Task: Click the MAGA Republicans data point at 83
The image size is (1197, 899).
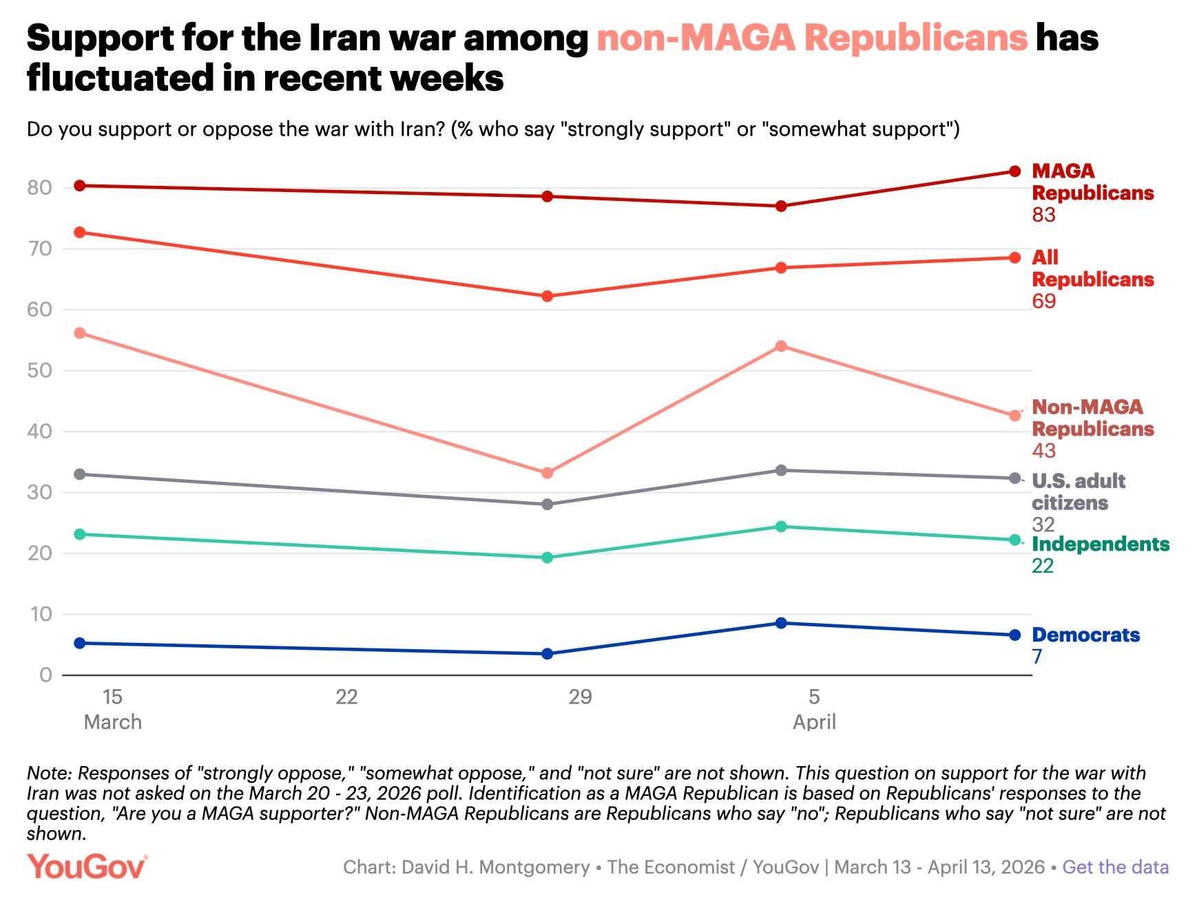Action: click(x=1014, y=171)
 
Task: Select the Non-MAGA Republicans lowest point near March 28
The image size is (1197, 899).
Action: click(x=548, y=474)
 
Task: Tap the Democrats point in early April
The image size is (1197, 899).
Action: click(x=781, y=623)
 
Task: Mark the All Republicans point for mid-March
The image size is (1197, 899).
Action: click(x=80, y=233)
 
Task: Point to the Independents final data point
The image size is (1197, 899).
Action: click(x=1014, y=540)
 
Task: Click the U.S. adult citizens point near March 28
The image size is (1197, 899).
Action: click(x=548, y=505)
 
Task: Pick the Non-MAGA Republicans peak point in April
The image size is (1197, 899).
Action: click(x=781, y=346)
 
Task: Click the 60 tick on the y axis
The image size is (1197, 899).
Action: click(x=40, y=310)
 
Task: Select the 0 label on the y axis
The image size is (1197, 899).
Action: click(x=45, y=675)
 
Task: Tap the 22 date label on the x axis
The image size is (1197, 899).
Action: click(x=346, y=697)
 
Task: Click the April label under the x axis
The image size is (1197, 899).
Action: click(x=814, y=722)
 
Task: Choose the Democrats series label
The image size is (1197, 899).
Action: click(x=1085, y=635)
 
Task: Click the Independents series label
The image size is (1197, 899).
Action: click(x=1100, y=544)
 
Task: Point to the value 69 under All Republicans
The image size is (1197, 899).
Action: click(x=1043, y=302)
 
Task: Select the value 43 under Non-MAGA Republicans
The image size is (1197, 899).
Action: click(x=1043, y=451)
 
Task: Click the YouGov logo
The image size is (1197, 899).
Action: click(x=87, y=867)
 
